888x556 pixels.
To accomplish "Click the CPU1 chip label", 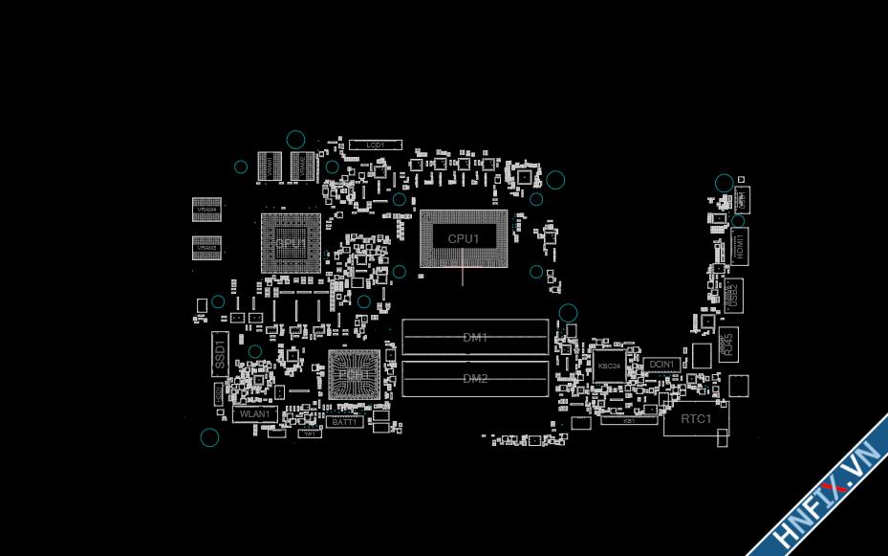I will click(464, 238).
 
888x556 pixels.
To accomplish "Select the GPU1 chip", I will click(291, 244).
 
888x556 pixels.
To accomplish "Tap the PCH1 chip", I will click(354, 375).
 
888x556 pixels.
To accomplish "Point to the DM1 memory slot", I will click(475, 337).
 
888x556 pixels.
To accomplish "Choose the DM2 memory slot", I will click(475, 378).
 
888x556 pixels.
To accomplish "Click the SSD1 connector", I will click(220, 355).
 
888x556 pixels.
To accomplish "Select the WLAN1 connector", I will click(255, 414).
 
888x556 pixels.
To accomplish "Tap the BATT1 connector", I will click(344, 421).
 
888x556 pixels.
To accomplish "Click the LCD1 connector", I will click(375, 145).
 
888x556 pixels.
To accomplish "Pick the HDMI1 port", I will click(739, 247).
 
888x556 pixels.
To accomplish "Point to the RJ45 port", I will click(727, 342).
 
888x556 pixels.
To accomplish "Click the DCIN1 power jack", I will click(662, 365).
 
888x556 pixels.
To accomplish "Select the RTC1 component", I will click(696, 419).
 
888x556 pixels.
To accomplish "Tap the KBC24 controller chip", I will click(609, 366).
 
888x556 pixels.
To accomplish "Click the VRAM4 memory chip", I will click(206, 210).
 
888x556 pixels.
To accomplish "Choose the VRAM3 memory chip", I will click(206, 247).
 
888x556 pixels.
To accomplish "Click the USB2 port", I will click(733, 294).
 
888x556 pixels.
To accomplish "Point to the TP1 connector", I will click(309, 434).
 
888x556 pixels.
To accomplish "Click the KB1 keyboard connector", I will click(629, 420).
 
